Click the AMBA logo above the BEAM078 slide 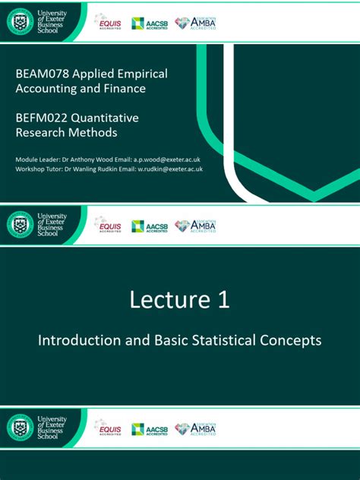click(x=195, y=23)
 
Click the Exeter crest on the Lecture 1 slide click(x=21, y=224)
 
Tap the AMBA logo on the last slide click(x=195, y=429)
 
